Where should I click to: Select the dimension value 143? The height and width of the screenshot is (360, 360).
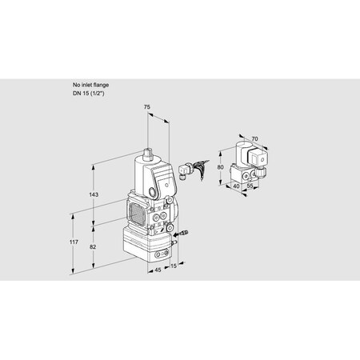tap(94, 195)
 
